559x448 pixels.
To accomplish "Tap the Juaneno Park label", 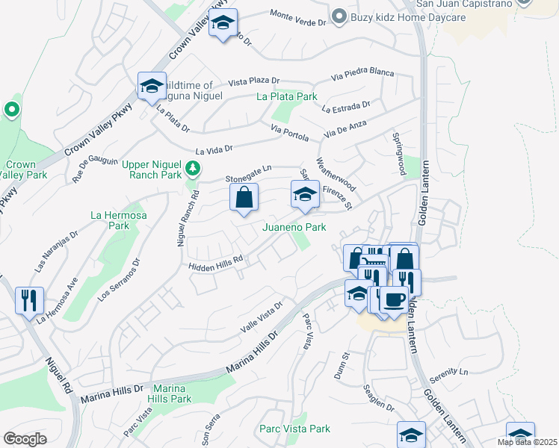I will [x=294, y=227].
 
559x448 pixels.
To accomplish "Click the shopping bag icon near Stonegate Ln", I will [x=244, y=199].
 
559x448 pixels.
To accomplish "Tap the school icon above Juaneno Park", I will [x=304, y=196].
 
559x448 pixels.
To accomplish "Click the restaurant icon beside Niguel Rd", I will [x=29, y=301].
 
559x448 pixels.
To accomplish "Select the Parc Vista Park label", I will [x=294, y=429].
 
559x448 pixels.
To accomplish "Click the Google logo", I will [x=25, y=438].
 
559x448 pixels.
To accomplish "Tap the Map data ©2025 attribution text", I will [x=527, y=442].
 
